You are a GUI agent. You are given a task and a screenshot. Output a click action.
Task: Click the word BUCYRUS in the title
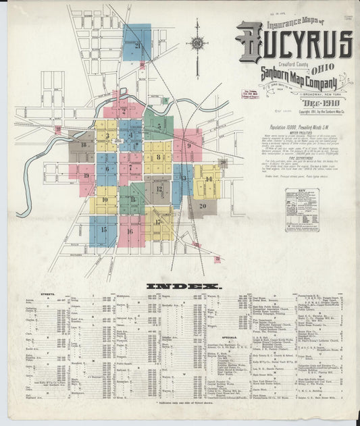click(294, 43)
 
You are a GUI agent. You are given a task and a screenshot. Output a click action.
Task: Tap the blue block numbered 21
click(138, 44)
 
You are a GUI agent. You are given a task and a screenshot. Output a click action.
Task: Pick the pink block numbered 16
click(130, 231)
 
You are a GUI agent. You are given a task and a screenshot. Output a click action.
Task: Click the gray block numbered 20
click(202, 206)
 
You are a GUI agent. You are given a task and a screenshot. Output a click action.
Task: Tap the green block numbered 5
click(159, 126)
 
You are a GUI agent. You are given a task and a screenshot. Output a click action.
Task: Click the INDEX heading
click(180, 286)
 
